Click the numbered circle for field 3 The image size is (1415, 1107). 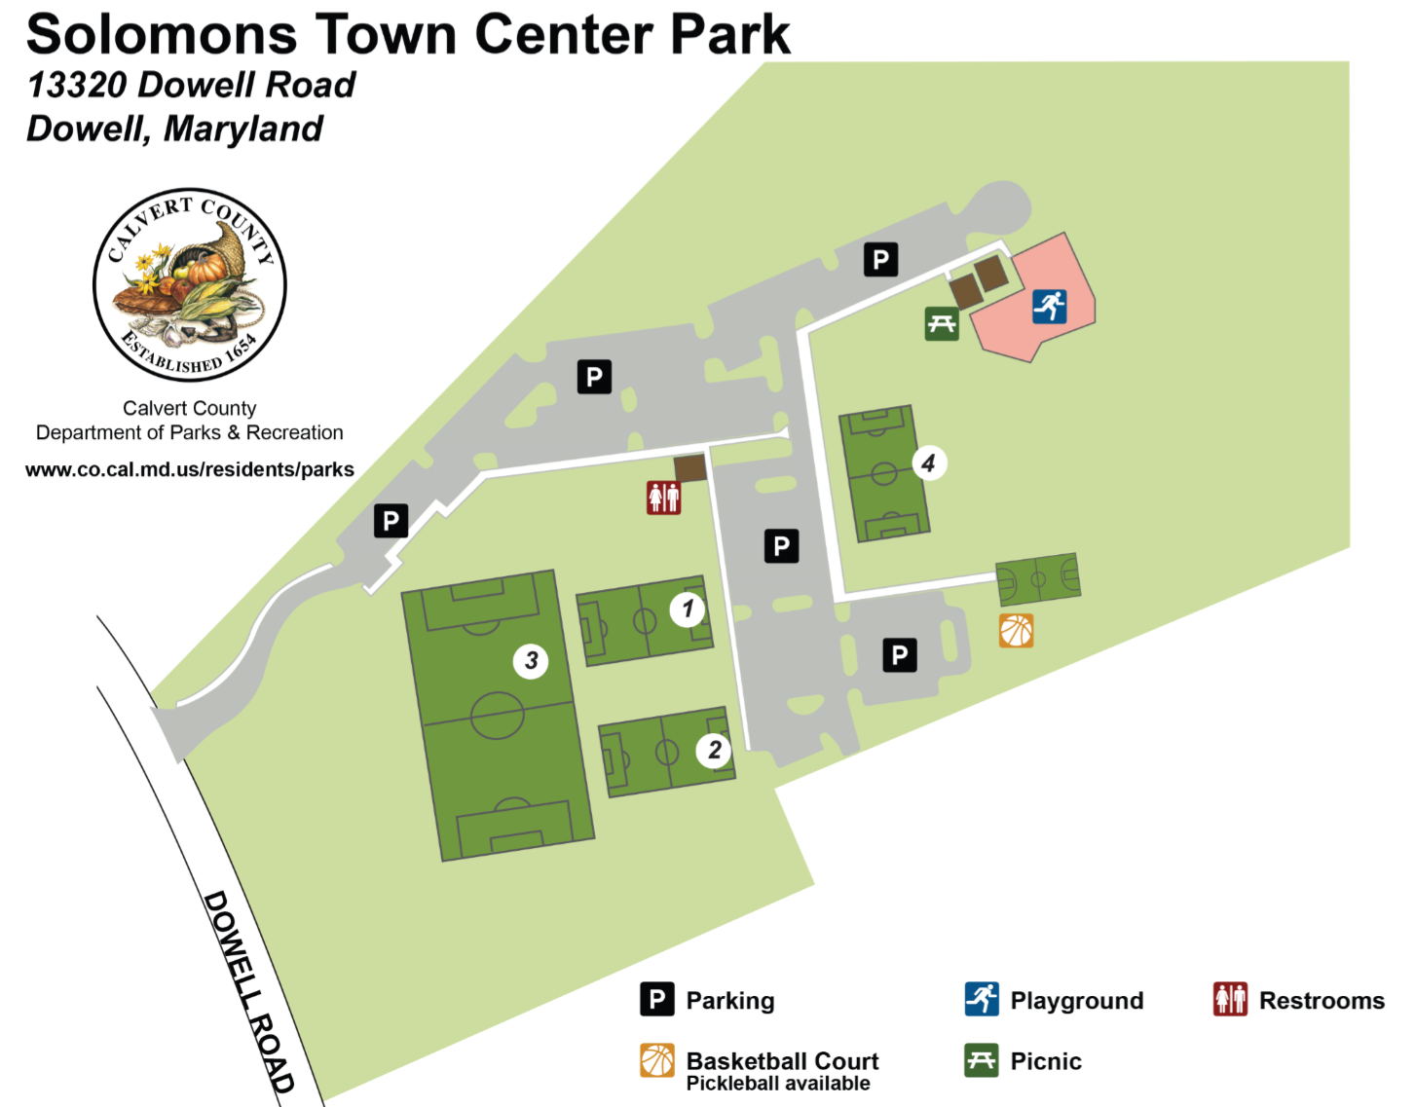pos(531,661)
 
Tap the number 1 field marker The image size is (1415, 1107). pos(688,609)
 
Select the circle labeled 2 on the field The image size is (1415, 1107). pos(714,750)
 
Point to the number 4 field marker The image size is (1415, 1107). pos(928,463)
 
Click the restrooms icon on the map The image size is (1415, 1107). pos(663,498)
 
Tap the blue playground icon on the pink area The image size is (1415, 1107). pos(1049,306)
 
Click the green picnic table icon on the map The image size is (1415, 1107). pos(942,324)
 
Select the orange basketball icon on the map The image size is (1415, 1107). pos(1016,631)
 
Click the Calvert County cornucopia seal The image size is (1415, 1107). pos(190,285)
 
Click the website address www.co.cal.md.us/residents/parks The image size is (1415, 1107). pos(190,469)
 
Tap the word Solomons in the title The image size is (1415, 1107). pos(162,35)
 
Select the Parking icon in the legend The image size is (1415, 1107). pos(657,1000)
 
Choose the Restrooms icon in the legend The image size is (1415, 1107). pos(1230,1000)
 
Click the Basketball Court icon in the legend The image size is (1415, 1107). pos(657,1061)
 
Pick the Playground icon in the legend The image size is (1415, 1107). pos(982,1000)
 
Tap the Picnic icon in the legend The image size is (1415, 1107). pos(982,1061)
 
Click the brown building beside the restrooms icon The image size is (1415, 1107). pos(689,468)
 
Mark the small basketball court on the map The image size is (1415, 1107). pos(1038,580)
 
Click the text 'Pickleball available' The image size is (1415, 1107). pos(778,1084)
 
